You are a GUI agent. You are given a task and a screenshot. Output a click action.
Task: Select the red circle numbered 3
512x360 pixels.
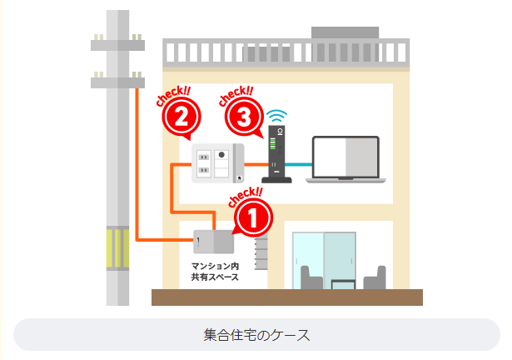(243, 118)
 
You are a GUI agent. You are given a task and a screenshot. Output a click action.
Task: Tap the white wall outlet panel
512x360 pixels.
(217, 162)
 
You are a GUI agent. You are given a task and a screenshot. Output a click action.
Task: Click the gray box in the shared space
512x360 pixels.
(215, 242)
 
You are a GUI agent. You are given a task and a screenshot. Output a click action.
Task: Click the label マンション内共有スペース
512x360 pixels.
(215, 272)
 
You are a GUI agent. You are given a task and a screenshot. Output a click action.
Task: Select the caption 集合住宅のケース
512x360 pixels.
(256, 335)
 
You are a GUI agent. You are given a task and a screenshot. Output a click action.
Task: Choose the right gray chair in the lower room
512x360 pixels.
(376, 279)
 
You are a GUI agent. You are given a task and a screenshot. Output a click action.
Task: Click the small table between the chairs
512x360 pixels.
(344, 285)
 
